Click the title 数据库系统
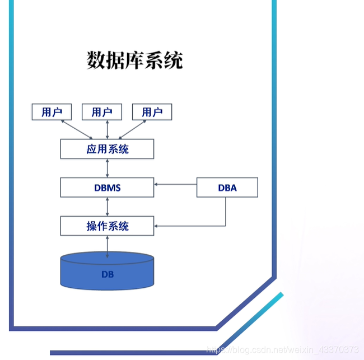click(134, 60)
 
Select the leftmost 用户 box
click(52, 112)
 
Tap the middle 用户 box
click(101, 112)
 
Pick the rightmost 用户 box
click(152, 112)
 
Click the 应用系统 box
click(107, 149)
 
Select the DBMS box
click(107, 188)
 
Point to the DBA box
click(227, 188)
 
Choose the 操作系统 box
click(107, 226)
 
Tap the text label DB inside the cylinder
click(108, 274)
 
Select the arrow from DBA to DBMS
click(175, 184)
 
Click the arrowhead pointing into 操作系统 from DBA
click(157, 226)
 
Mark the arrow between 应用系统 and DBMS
click(107, 169)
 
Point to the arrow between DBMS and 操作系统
click(107, 207)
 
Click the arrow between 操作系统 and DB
click(107, 245)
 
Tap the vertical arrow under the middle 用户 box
click(106, 129)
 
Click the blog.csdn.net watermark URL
click(282, 349)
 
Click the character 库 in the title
click(134, 60)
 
